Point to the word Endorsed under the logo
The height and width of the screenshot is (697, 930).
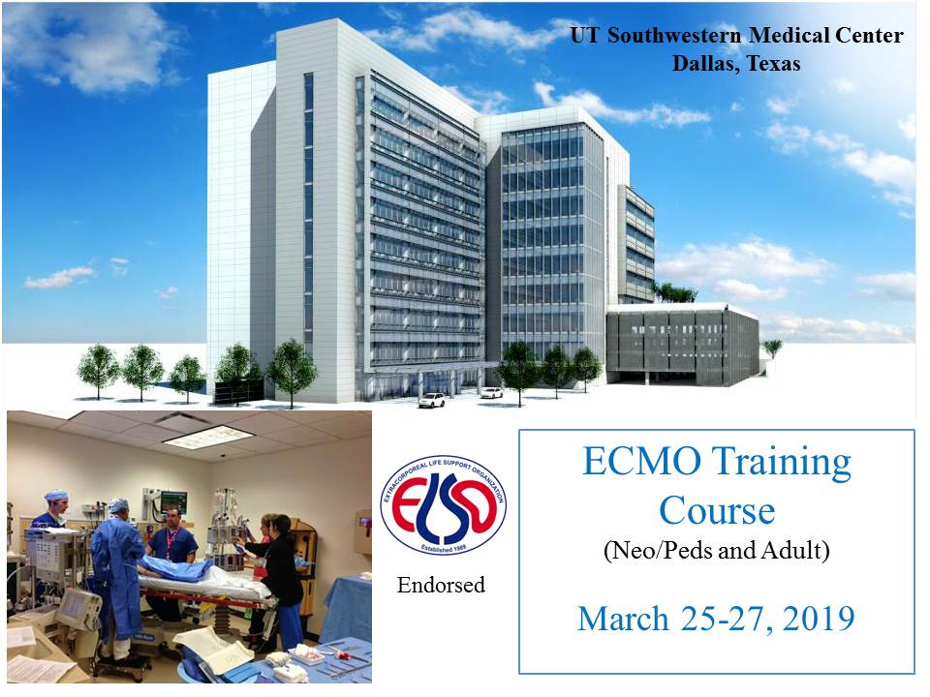point(442,585)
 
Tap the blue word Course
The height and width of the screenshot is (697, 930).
point(717,510)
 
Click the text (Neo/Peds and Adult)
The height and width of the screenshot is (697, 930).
point(717,551)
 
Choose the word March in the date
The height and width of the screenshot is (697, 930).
point(623,620)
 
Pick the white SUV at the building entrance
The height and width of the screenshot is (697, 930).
point(432,400)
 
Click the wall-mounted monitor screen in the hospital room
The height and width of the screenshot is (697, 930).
point(173,502)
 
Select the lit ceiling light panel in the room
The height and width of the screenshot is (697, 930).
point(208,438)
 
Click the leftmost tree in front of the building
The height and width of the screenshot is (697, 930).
point(98,371)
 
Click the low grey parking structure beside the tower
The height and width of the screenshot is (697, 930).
point(682,344)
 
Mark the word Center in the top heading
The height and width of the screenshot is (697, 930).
point(869,36)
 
